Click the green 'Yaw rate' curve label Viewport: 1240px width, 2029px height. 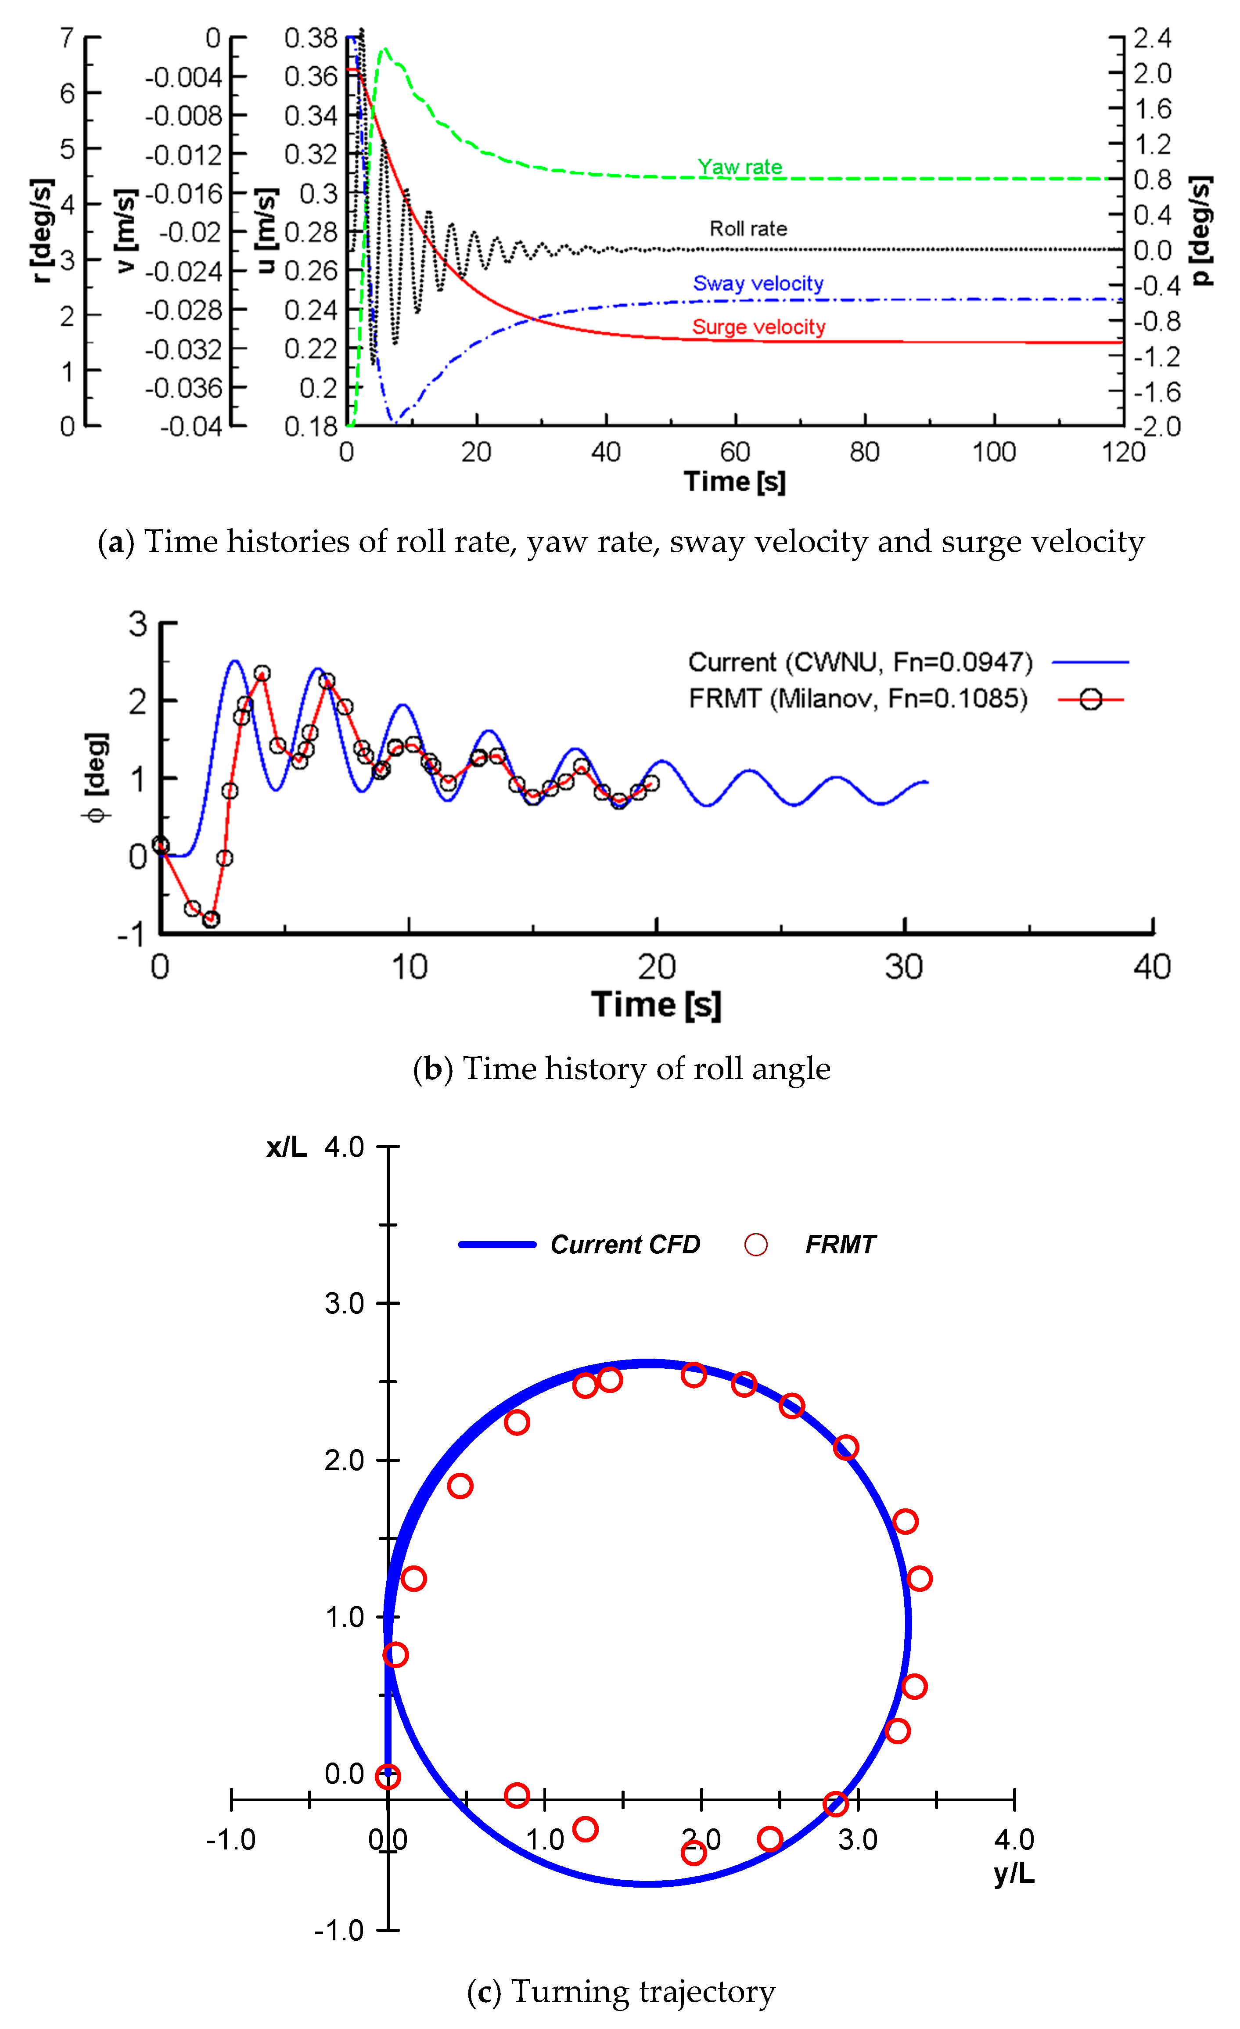tap(739, 167)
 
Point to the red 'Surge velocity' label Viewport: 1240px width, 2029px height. tap(758, 327)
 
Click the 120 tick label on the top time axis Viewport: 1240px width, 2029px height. tap(1123, 452)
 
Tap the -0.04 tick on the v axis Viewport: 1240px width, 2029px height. tap(191, 427)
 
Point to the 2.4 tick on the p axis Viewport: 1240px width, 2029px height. tap(1152, 38)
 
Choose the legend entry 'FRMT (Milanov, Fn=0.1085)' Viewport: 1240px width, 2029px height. tap(858, 698)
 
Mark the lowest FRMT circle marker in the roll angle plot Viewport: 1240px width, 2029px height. tap(211, 919)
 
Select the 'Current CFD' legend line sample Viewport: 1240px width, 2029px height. tap(497, 1244)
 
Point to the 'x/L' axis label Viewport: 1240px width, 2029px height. tap(286, 1147)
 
